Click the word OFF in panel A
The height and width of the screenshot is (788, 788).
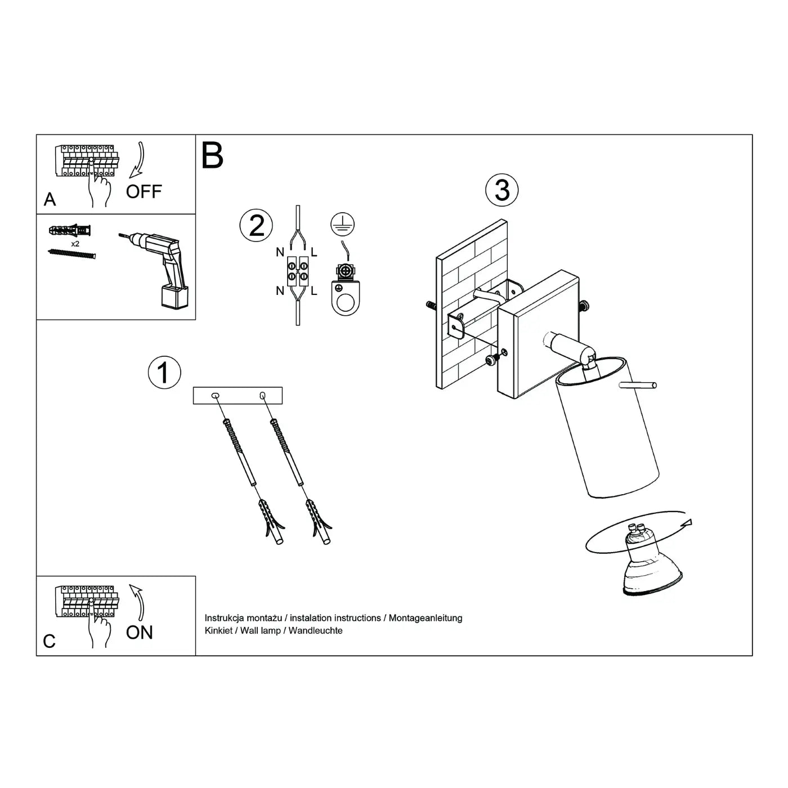(x=144, y=192)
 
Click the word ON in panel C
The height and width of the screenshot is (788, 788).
(x=140, y=633)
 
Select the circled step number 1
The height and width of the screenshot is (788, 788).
(x=164, y=373)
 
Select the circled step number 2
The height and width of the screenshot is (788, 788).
(x=256, y=226)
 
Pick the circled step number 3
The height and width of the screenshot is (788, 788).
(x=502, y=190)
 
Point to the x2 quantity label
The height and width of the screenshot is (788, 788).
(x=75, y=244)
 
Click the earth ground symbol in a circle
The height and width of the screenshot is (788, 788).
(x=342, y=224)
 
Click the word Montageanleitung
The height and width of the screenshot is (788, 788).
(x=426, y=617)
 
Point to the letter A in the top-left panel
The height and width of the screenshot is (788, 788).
(x=50, y=200)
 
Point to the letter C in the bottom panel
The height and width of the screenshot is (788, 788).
(x=50, y=641)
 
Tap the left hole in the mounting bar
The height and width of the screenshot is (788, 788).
(x=215, y=396)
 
